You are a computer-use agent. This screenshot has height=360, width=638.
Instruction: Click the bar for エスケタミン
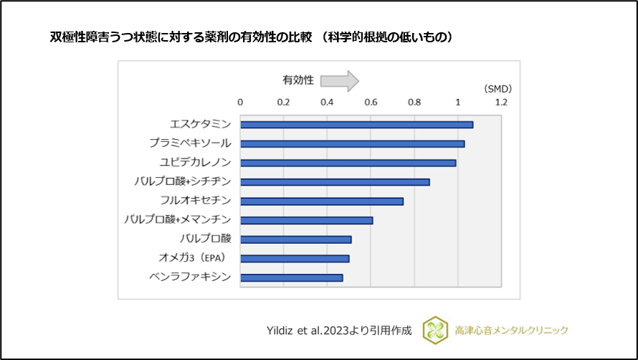tap(356, 125)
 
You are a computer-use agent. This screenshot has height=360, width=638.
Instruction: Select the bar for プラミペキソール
tap(352, 144)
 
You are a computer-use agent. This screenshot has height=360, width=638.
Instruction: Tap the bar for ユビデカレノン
tap(348, 163)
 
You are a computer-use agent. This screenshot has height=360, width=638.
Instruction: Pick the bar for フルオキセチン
tap(322, 201)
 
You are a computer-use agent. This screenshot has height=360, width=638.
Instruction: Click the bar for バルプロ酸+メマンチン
tap(306, 220)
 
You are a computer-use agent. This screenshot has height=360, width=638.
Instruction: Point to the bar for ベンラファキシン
tap(291, 278)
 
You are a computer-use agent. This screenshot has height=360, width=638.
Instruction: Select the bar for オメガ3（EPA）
tap(295, 258)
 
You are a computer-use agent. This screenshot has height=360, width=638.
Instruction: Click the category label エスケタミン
tap(200, 125)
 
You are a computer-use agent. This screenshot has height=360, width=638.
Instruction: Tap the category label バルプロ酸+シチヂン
tap(182, 181)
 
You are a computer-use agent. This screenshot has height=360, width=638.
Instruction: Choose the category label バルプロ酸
tap(205, 239)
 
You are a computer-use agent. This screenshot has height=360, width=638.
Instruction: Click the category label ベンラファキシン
tap(190, 278)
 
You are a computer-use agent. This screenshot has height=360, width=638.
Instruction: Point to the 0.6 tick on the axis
tap(371, 103)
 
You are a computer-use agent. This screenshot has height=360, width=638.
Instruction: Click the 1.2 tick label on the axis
tap(501, 103)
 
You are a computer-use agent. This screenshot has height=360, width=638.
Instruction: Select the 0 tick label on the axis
tap(240, 103)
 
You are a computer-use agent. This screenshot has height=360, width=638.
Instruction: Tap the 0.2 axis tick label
tap(284, 103)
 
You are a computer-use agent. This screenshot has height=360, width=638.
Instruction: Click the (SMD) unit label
tap(497, 89)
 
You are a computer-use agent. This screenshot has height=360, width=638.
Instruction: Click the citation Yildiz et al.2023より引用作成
tap(338, 331)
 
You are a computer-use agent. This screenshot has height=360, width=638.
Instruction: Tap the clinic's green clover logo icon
tap(435, 330)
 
